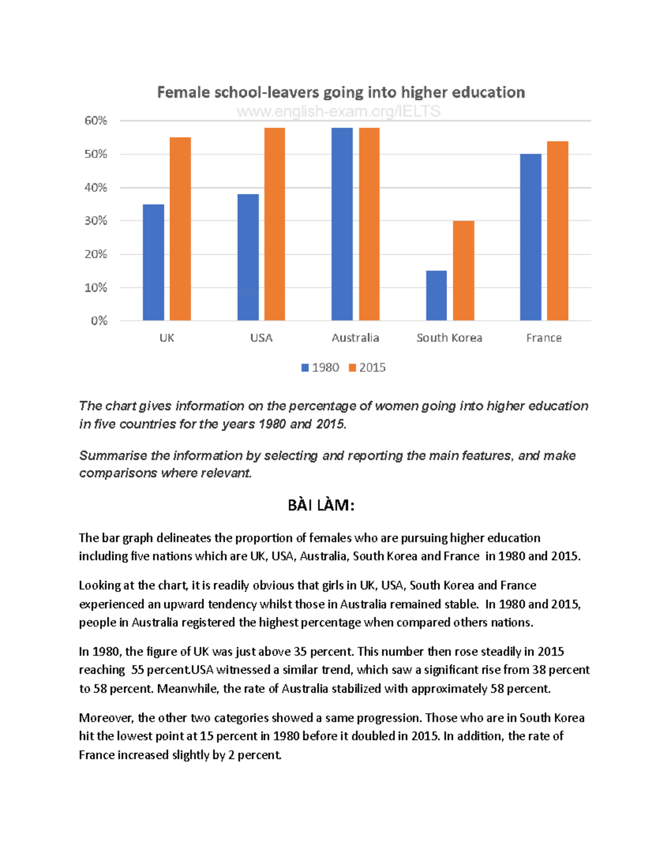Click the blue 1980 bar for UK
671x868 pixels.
coord(153,263)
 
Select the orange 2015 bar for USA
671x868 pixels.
coord(275,224)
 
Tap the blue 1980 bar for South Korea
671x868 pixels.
coord(436,296)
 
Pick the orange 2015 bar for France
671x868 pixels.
coord(557,231)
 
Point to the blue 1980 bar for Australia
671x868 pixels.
coord(342,224)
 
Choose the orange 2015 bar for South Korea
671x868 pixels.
coord(464,271)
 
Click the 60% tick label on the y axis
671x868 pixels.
coord(96,121)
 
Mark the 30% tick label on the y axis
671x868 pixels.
coord(96,221)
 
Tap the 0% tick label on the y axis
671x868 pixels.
coord(98,321)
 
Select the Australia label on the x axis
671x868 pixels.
coord(355,338)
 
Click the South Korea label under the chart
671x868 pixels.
coord(449,338)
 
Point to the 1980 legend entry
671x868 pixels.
coord(320,368)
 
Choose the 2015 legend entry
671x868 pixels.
coord(367,368)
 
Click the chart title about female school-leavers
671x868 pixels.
coord(341,92)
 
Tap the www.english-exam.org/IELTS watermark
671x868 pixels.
coord(338,111)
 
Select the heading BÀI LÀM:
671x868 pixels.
coord(321,505)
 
